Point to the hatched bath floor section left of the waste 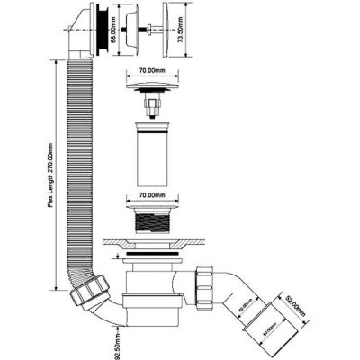click(118, 242)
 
